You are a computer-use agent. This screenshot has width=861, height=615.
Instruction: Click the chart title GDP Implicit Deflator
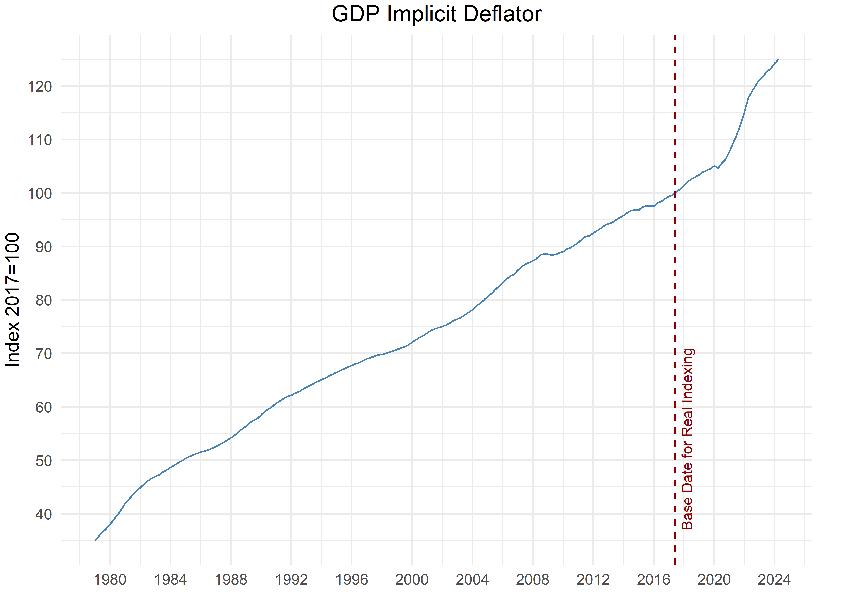point(436,14)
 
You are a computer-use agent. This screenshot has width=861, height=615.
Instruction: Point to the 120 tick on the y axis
point(40,86)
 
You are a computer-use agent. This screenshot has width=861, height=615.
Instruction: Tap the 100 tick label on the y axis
point(40,194)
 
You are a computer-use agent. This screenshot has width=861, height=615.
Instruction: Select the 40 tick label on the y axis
point(43,514)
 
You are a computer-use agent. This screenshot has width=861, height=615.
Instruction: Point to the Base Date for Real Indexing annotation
point(687,438)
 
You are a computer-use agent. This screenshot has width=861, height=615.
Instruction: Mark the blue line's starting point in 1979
point(95,540)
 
